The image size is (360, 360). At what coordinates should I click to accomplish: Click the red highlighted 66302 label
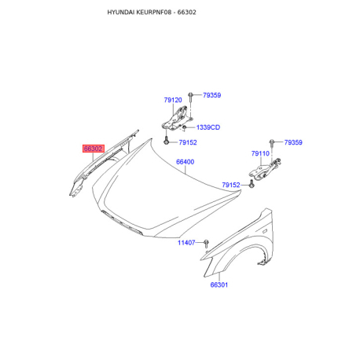tap(94, 149)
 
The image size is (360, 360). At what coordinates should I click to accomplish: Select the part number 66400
tap(185, 162)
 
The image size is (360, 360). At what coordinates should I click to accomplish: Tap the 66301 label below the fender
tap(219, 285)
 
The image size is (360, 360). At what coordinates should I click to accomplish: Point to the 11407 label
tap(186, 243)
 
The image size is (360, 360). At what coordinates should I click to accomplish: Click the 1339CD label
tap(208, 127)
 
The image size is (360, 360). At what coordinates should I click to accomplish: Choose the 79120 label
tap(173, 100)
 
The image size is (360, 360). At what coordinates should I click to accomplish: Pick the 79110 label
tap(260, 153)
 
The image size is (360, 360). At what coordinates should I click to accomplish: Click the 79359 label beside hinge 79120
tap(211, 95)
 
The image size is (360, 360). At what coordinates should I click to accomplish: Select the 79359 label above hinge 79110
tap(293, 142)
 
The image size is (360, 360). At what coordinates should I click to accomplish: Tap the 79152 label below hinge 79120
tap(188, 142)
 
